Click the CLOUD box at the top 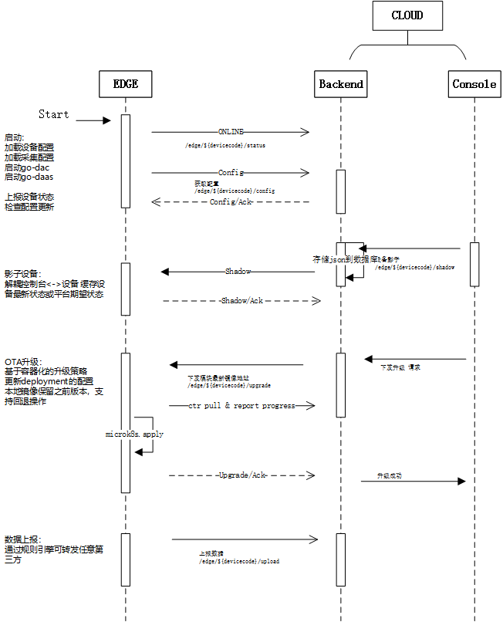pos(407,15)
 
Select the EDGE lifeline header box pos(125,84)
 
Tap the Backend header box pos(341,84)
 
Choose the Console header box pos(474,84)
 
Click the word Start pos(53,114)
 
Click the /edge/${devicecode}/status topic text pos(225,145)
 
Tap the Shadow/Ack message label pos(241,300)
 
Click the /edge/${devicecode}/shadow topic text pos(414,267)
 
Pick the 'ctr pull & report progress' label pos(241,405)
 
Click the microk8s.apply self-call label pos(134,434)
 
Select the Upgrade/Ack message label pos(241,475)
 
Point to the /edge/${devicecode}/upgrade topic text pos(229,384)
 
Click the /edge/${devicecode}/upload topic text pos(239,561)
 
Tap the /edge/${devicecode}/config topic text pos(235,190)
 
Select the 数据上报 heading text pos(22,538)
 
